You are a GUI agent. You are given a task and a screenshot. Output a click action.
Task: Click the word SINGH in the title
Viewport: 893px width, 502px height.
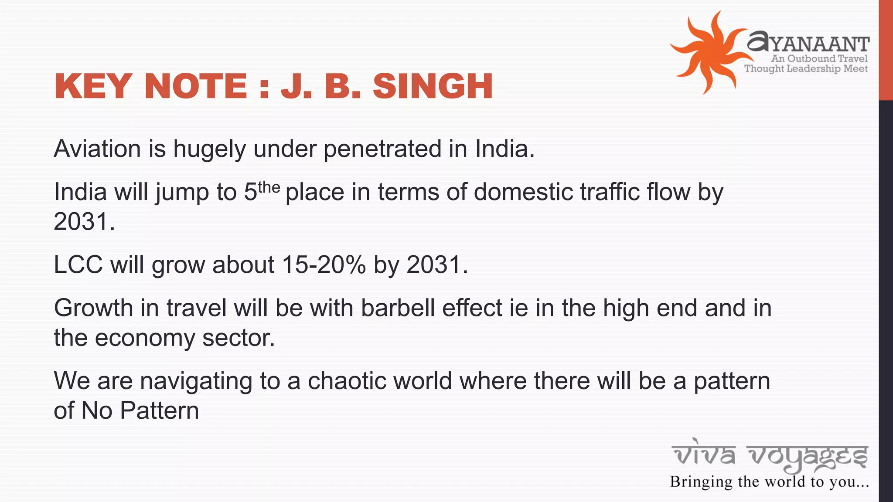click(x=433, y=86)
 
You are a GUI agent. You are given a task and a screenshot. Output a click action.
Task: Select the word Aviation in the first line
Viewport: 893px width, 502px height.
click(x=97, y=149)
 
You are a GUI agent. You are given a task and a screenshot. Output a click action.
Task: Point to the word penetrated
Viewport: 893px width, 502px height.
click(x=382, y=149)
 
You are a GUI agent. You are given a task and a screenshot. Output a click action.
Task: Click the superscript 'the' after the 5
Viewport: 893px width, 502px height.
click(x=269, y=187)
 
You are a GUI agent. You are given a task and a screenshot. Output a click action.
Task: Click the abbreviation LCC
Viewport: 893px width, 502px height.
click(x=78, y=265)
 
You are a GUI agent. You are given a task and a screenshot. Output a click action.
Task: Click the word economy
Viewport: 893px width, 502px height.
click(x=145, y=338)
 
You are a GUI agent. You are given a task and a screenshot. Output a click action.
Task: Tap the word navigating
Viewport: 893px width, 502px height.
click(x=196, y=381)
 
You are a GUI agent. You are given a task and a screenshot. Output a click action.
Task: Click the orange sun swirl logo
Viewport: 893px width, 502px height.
click(x=709, y=52)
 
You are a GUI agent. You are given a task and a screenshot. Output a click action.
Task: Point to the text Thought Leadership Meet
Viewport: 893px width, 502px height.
click(x=806, y=68)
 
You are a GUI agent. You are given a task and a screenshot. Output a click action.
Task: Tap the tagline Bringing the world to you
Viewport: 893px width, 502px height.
click(x=770, y=482)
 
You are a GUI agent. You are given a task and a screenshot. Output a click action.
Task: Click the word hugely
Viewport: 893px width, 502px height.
click(x=210, y=149)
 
